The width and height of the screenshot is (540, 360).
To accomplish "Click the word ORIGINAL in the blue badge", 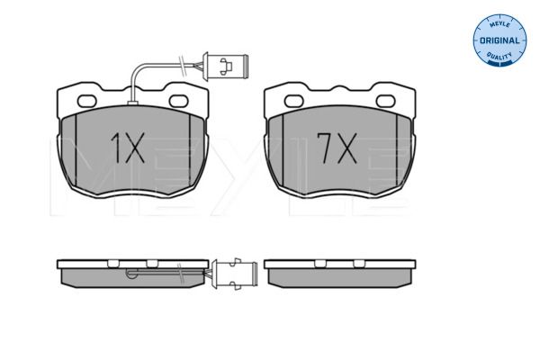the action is (x=499, y=40).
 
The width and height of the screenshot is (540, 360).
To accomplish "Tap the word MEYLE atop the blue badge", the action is (x=499, y=24).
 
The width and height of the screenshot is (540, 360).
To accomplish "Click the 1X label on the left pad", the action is (x=128, y=148).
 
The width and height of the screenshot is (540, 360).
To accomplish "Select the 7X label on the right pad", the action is (x=337, y=148).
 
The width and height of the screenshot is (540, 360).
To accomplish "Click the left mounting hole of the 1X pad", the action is (x=86, y=101).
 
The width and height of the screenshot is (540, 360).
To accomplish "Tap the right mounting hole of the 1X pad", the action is (x=178, y=101).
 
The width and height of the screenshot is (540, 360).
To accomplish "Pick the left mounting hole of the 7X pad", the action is (x=293, y=101).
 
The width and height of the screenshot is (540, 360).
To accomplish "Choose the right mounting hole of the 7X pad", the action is (x=386, y=101).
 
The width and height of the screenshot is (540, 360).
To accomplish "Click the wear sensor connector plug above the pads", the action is (x=226, y=66).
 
